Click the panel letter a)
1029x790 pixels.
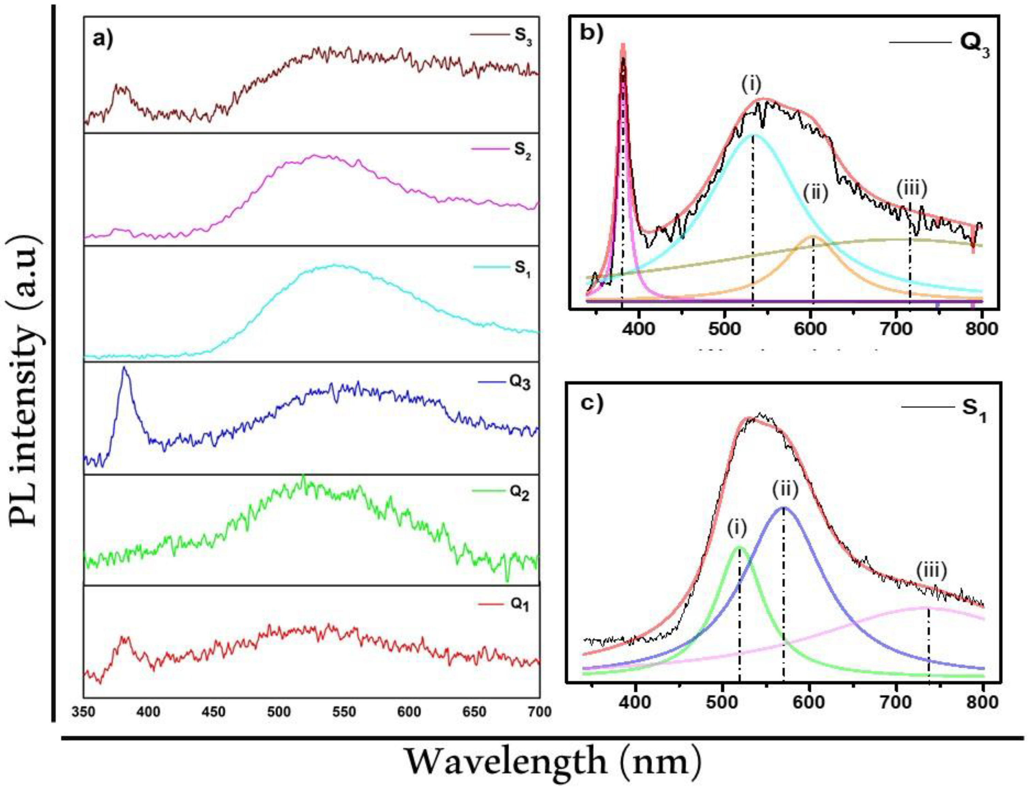102,39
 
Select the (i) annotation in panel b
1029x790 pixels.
751,85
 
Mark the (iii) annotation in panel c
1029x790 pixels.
931,571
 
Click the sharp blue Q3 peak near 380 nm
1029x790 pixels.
124,369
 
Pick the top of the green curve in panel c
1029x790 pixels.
738,546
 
